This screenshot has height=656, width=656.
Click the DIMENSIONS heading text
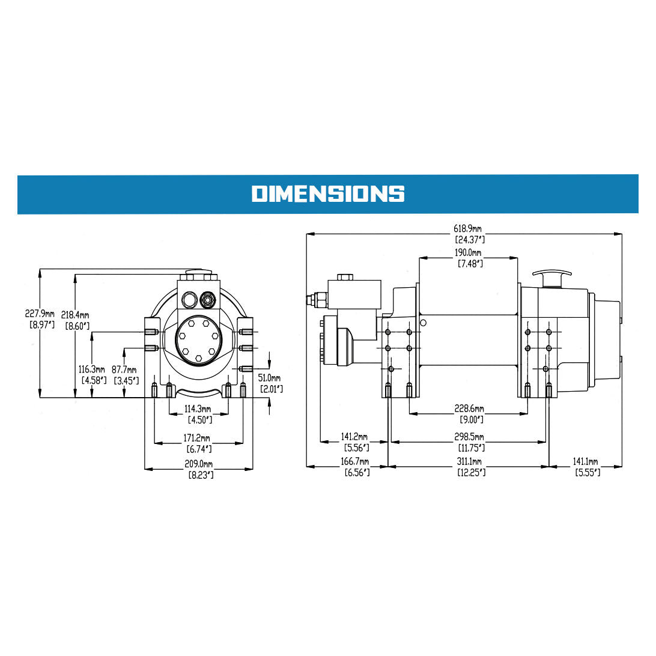327,193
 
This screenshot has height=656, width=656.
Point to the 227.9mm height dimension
40,314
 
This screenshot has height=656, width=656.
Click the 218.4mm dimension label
76,315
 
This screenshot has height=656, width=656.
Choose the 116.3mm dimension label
93,369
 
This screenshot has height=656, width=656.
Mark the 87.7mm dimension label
124,370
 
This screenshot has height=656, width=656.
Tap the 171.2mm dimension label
199,439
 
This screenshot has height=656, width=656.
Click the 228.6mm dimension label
470,409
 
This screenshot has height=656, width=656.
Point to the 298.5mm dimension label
470,438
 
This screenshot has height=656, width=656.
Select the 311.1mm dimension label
470,461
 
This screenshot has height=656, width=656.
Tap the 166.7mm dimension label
355,462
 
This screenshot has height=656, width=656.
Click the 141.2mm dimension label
355,437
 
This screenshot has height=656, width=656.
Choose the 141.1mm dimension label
585,462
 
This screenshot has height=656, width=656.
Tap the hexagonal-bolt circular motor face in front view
198,339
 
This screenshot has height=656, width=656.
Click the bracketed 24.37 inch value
471,240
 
